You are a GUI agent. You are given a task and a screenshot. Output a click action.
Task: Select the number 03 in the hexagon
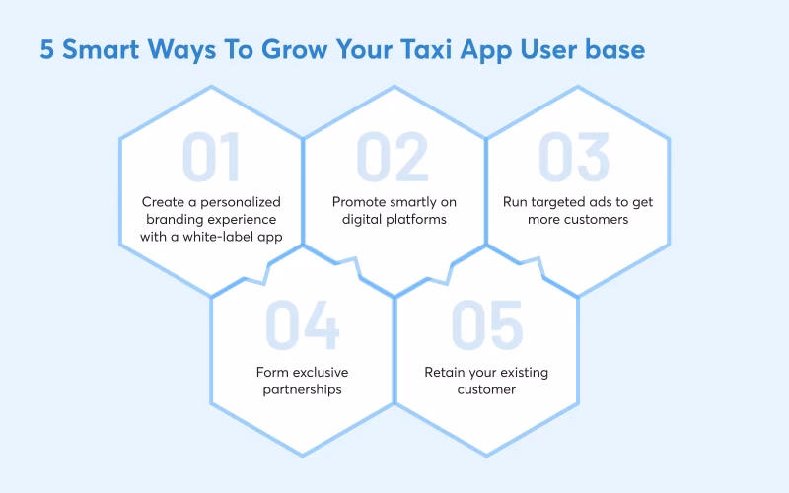(x=577, y=158)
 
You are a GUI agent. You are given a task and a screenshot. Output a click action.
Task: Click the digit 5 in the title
(x=47, y=50)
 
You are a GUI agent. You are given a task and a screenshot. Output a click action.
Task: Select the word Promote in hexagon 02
(x=360, y=202)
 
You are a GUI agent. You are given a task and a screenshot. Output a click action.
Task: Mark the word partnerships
(x=303, y=388)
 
